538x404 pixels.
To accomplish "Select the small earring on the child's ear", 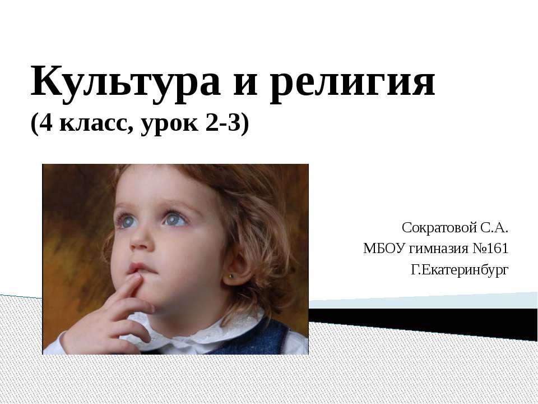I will coord(230,276).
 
